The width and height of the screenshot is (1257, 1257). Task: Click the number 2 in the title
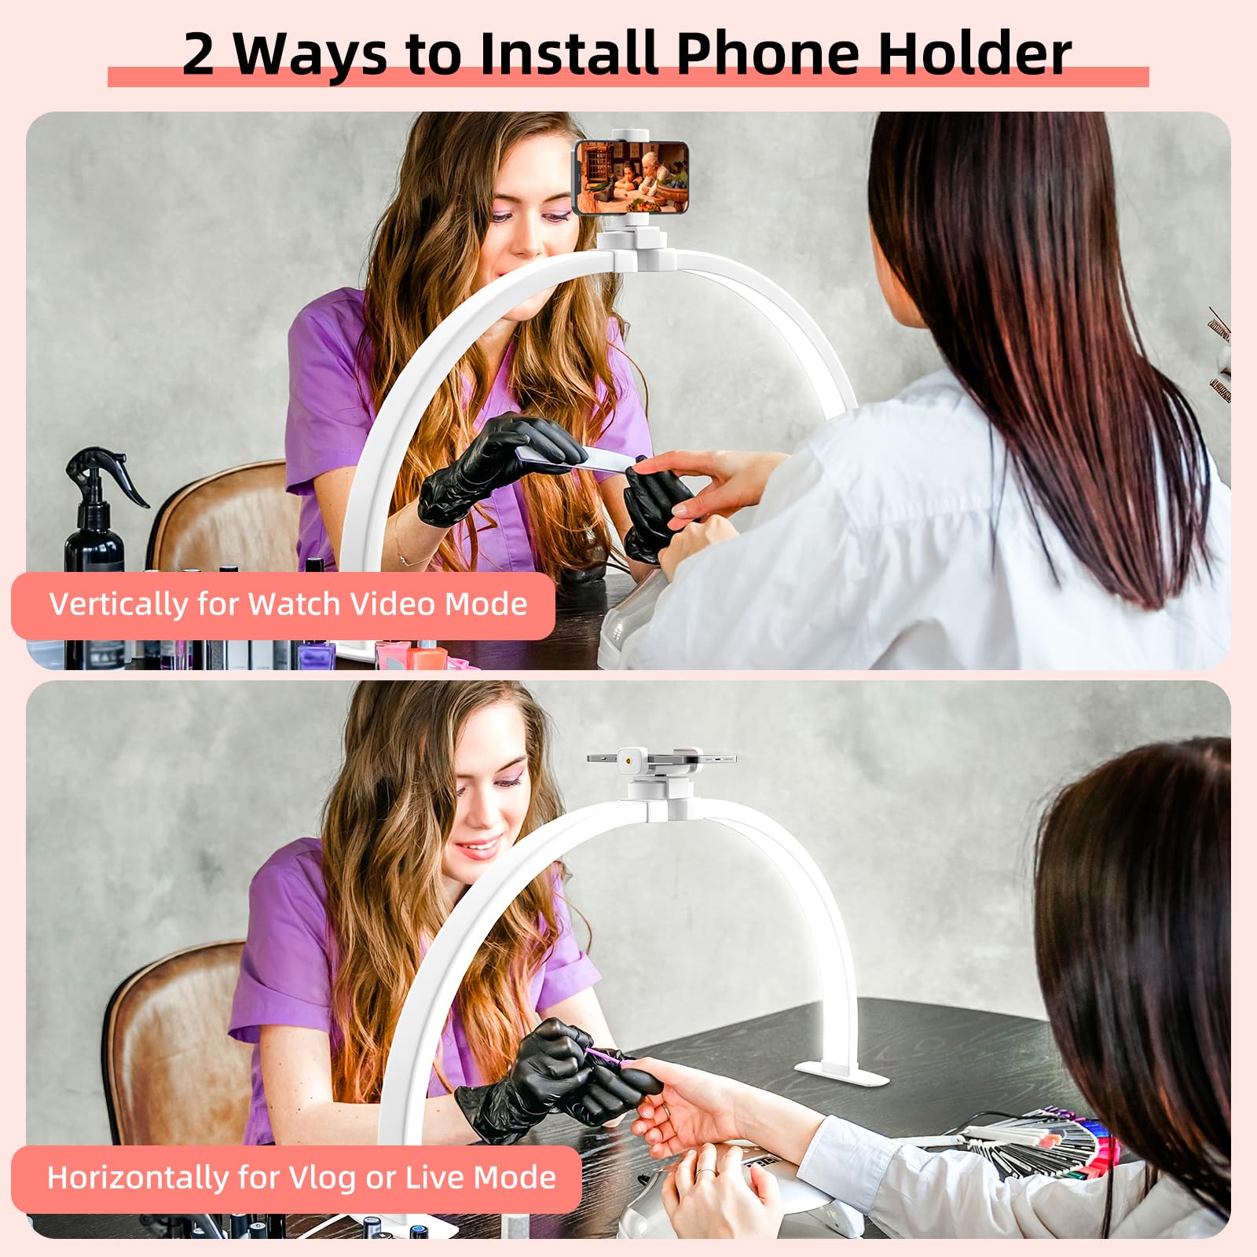(198, 53)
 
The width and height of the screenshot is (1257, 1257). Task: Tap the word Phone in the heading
(768, 53)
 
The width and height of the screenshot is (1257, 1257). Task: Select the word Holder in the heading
(974, 53)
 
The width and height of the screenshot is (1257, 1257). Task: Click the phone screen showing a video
(632, 178)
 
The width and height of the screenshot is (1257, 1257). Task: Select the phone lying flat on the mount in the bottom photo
(661, 760)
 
